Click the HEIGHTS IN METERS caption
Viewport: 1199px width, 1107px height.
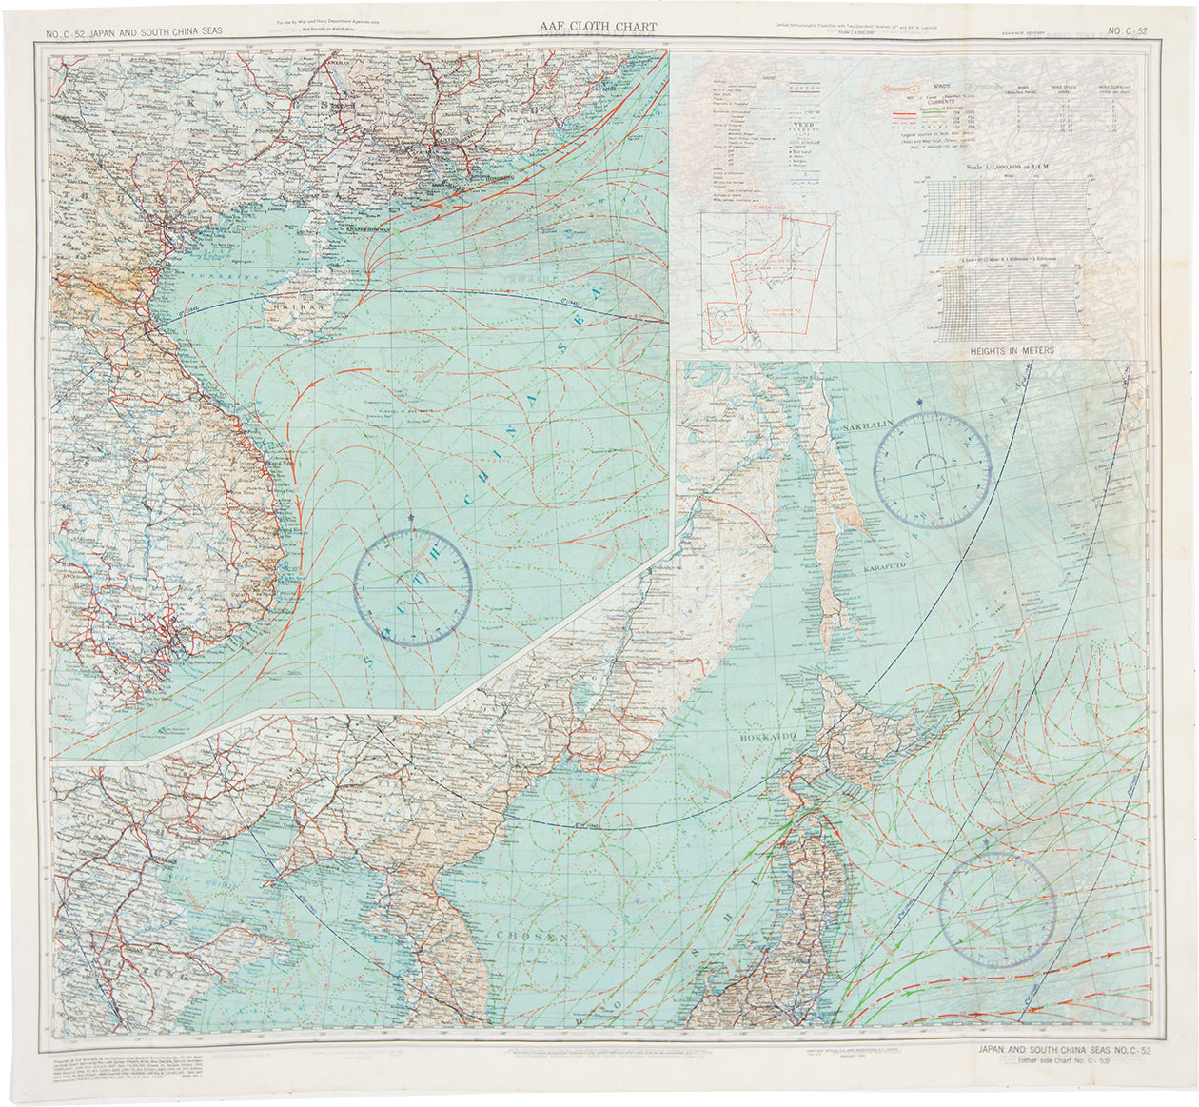[1012, 351]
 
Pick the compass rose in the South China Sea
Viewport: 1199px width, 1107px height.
[413, 587]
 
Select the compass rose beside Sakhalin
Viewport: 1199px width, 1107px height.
[933, 469]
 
